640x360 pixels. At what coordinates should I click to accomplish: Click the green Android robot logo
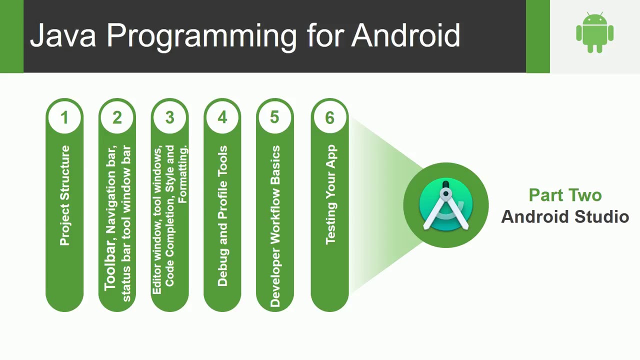[594, 33]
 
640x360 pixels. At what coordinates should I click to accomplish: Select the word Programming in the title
[202, 36]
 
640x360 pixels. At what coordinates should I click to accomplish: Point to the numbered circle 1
[64, 117]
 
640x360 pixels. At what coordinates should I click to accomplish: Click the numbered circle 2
[117, 117]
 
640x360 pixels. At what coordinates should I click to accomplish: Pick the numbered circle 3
[169, 117]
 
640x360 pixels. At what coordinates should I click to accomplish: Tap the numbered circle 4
[222, 117]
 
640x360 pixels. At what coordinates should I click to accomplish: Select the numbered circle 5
[274, 117]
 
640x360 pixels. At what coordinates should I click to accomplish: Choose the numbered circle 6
[329, 117]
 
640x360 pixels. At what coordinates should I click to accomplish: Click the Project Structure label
[64, 195]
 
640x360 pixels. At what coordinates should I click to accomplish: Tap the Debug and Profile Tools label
[222, 216]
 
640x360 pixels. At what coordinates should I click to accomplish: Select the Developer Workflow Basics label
[275, 226]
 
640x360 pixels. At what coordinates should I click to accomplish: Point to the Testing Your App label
[330, 194]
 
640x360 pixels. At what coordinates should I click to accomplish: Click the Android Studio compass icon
[446, 205]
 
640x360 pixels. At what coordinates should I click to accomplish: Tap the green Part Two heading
[565, 195]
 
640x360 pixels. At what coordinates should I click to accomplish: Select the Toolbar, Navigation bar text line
[110, 218]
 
